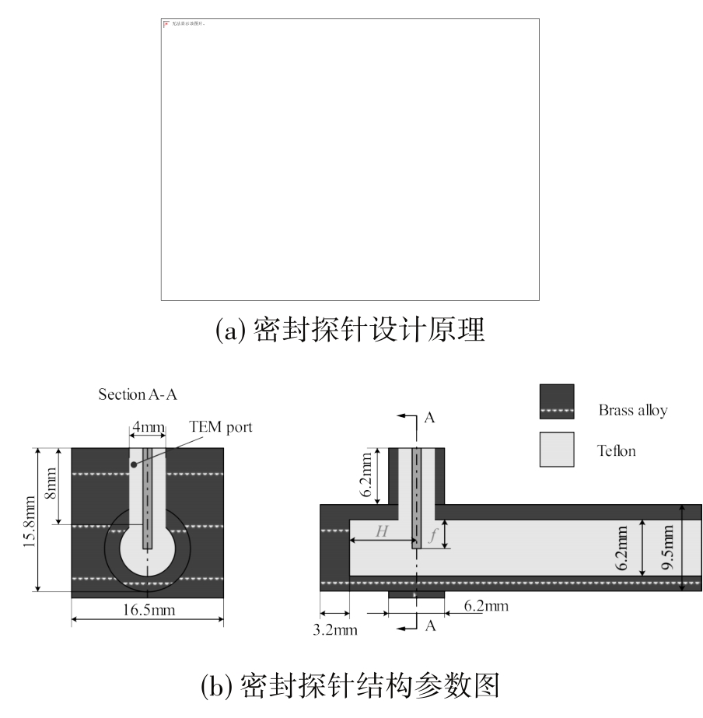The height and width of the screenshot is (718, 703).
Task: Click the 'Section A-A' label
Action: [x=138, y=394]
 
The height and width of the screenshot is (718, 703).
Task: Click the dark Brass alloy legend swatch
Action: [x=557, y=401]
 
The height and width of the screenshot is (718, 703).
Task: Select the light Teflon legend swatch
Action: [x=557, y=450]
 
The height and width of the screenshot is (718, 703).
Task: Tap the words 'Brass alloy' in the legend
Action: [x=632, y=410]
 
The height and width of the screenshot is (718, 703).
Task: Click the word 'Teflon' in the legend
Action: [x=616, y=450]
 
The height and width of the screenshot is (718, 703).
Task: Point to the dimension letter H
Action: [x=381, y=531]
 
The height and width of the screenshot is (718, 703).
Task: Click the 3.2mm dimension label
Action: [x=335, y=629]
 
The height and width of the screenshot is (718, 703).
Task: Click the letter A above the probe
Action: [x=429, y=419]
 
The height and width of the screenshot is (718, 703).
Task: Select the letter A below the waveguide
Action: [x=429, y=625]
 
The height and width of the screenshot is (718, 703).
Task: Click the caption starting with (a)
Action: [x=350, y=331]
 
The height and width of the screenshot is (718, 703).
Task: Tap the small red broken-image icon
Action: [x=166, y=24]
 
